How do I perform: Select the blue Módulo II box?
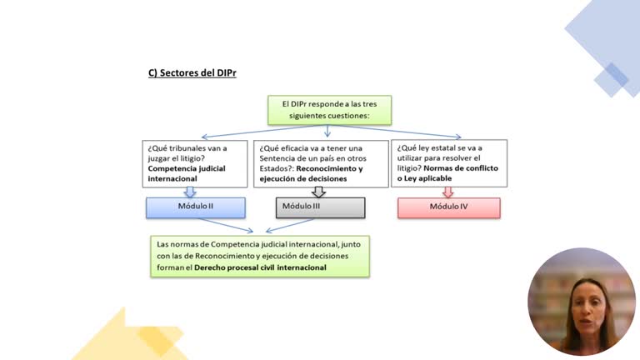pos(190,207)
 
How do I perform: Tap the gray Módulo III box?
pos(319,207)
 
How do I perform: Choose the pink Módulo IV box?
pos(448,207)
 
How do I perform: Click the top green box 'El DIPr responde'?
pos(329,110)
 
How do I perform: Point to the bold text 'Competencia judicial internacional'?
pos(184,173)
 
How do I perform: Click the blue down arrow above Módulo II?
pos(190,192)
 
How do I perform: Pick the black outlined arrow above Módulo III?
pos(319,192)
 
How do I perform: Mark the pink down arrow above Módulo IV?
pos(448,192)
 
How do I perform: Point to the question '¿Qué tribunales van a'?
pos(185,147)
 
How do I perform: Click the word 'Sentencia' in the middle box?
pos(280,157)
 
